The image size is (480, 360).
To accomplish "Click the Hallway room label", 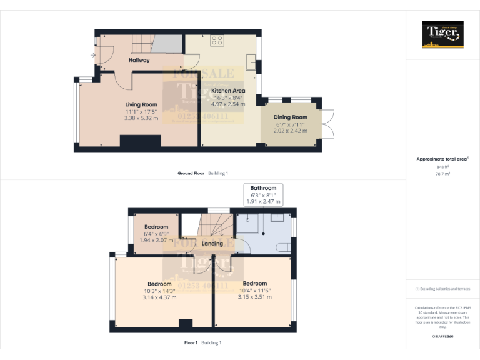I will pos(139,60).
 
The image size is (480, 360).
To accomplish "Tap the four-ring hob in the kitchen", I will pos(217,41).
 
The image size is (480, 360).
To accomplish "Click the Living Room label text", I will pos(141,104).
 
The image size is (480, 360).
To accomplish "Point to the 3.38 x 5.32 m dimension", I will pos(141,117).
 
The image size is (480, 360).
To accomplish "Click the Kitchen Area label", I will pos(228,91).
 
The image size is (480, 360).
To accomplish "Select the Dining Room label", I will pos(291,117).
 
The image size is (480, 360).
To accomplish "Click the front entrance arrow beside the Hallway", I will pos(93,56).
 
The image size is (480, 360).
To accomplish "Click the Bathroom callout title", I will pos(263,187).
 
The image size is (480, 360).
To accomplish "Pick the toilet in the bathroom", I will pos(286,246).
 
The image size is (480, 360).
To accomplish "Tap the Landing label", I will pos(212,243).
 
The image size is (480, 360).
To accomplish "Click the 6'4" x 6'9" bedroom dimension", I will pos(156,234).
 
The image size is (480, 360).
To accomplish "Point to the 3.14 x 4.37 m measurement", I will pos(159,297).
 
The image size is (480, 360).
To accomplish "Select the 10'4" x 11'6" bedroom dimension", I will pos(254,291).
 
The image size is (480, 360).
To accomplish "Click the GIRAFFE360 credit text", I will pos(442,337).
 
